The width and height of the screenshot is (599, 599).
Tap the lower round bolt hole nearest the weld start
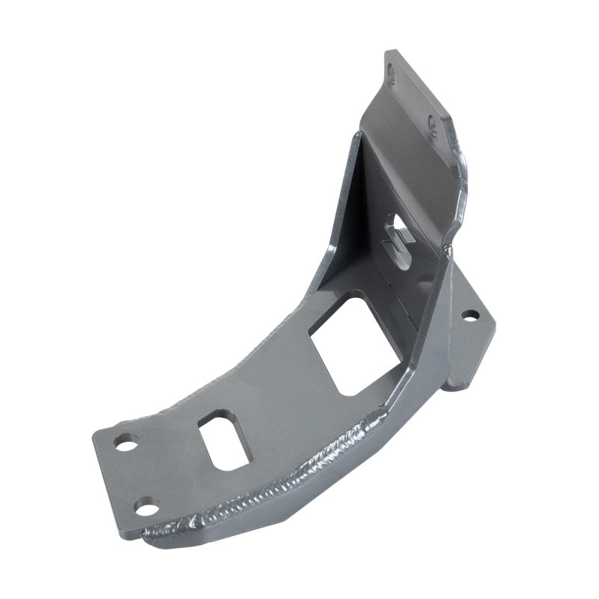point(147,507)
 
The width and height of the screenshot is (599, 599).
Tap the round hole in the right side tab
point(469,315)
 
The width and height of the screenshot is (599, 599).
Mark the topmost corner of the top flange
point(388,52)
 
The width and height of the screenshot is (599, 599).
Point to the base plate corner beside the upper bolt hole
point(97,434)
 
